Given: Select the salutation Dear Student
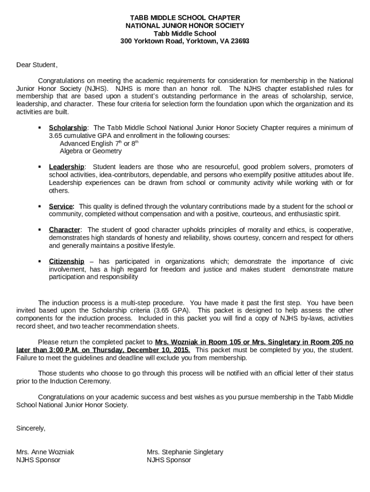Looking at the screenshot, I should pos(37,65).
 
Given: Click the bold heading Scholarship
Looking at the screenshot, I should pos(68,128).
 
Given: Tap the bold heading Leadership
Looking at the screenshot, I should pos(66,167).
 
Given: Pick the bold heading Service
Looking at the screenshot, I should pos(60,206).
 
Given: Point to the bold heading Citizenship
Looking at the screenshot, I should pos(66,261).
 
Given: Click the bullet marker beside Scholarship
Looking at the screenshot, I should pos(39,128).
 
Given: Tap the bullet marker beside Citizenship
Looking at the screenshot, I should pos(39,261).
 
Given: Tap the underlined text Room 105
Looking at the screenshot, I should pos(217,342).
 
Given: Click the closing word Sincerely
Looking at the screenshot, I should pos(31,428).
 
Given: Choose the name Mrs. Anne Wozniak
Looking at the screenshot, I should pos(45,452).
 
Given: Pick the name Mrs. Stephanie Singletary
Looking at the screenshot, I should pos(185,452).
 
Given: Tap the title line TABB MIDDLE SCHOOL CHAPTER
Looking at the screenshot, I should pos(185,18).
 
